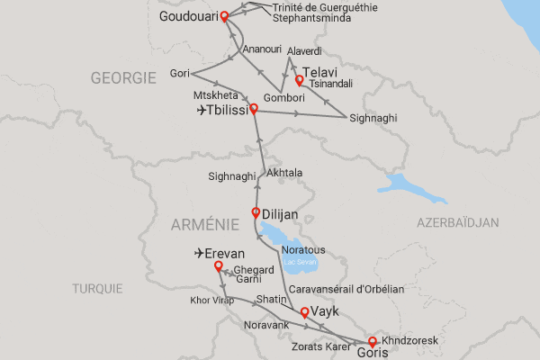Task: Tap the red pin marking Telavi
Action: (x=299, y=79)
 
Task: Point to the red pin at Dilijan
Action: (x=255, y=213)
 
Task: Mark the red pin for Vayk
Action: (x=304, y=312)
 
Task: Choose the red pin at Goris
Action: (x=373, y=341)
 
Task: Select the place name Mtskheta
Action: (x=215, y=94)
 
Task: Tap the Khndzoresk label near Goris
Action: (x=408, y=343)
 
